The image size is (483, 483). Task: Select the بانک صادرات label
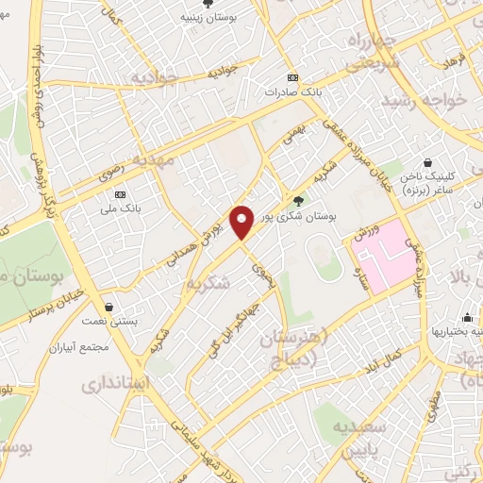pos(292,92)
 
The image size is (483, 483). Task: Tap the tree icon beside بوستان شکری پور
pos(299,200)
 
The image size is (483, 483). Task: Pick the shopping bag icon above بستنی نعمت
pos(111,307)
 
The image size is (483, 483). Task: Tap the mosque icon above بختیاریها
pos(468,317)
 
